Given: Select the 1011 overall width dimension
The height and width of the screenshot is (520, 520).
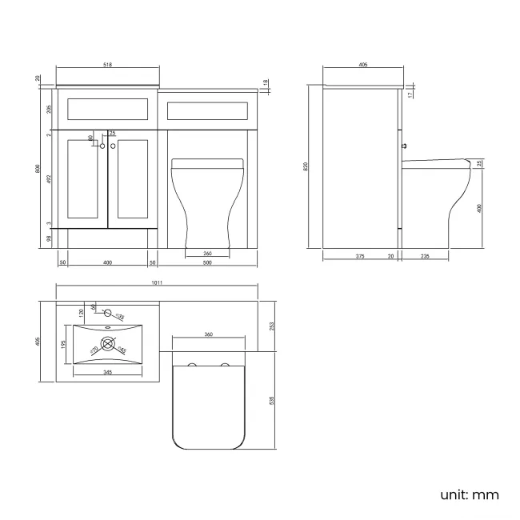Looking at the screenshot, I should [157, 282].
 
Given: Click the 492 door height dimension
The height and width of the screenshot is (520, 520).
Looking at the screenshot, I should [49, 179].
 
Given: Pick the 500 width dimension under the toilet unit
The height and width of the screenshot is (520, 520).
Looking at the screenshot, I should [207, 263].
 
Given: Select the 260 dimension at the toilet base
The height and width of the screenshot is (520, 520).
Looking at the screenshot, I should [207, 254].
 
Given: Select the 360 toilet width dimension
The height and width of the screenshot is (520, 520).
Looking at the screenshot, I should [208, 334].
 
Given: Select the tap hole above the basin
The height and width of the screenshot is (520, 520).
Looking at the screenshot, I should [107, 315].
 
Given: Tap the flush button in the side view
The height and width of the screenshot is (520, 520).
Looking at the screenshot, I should [405, 147].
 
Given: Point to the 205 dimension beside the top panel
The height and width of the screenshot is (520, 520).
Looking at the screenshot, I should [49, 109].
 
